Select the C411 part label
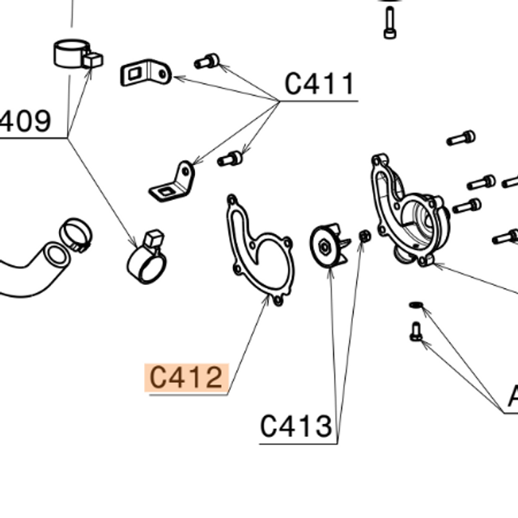319,83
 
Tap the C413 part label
296,426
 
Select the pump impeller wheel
329,245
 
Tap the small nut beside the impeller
364,236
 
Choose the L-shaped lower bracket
174,184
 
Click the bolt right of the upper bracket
207,60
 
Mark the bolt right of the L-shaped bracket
231,158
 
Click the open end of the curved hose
55,256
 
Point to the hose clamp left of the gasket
147,259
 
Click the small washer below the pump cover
416,304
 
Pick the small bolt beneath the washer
416,330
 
